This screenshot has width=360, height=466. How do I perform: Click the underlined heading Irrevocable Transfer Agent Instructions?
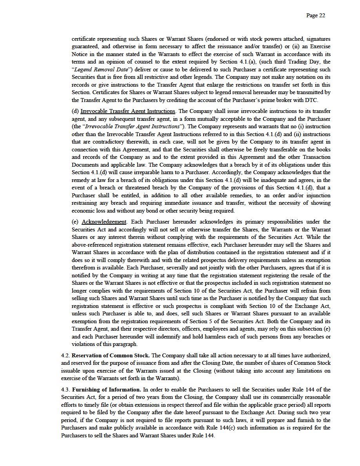click(128, 111)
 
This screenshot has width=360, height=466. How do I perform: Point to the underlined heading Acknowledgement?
click(104, 222)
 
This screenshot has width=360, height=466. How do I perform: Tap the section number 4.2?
click(65, 355)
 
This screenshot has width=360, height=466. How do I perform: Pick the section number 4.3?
click(65, 390)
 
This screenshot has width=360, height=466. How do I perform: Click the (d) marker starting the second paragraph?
click(75, 111)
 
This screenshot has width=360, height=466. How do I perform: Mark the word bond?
click(140, 211)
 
